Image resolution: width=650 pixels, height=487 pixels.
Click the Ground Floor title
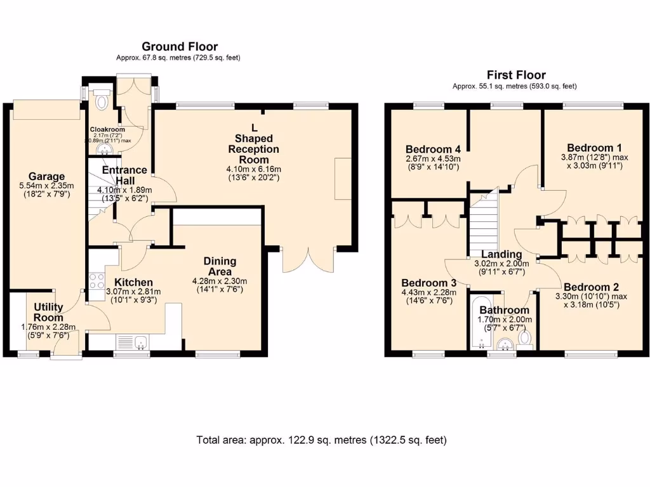pos(180,46)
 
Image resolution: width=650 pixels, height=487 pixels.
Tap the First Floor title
pos(516,75)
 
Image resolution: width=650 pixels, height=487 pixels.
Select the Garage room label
pos(46,176)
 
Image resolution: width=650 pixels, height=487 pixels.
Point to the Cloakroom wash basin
pos(105,149)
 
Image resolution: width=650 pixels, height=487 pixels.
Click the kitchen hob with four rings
pos(96,281)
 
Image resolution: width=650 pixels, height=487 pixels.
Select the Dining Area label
pos(220,266)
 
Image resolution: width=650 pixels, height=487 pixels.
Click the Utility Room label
pos(48,312)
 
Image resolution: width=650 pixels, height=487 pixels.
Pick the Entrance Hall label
pos(124,175)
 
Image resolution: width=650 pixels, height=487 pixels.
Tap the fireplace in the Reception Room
pos(343,178)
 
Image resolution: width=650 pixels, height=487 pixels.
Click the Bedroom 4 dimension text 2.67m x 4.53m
pos(433,159)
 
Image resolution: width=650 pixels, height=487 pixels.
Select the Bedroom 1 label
pos(594,148)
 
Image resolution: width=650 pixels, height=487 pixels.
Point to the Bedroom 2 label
pos(591,287)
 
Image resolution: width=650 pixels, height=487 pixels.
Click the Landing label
pos(501,254)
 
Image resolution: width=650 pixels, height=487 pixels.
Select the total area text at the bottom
pos(321,440)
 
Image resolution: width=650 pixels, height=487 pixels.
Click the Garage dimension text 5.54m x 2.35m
pos(46,186)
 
